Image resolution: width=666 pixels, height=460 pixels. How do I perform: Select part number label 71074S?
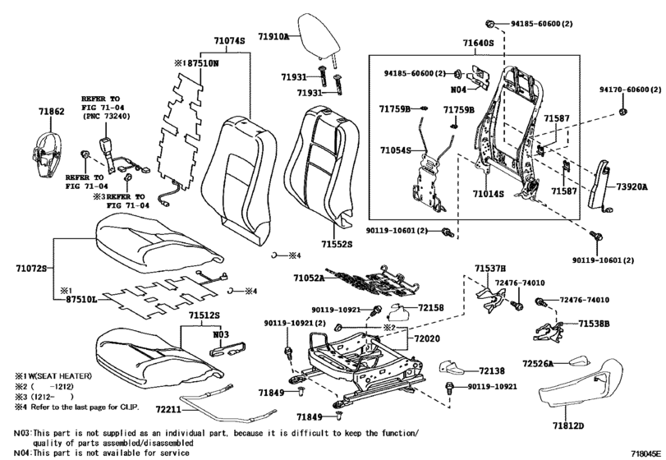[229, 41]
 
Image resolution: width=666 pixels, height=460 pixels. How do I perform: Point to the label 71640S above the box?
[478, 43]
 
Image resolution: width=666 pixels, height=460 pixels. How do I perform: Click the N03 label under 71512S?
[221, 334]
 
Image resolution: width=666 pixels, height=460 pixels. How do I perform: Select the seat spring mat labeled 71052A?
[373, 280]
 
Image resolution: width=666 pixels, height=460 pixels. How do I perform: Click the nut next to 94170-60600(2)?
[623, 112]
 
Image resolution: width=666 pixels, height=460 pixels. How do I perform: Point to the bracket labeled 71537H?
[490, 298]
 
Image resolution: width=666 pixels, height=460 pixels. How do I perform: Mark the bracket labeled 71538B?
[548, 331]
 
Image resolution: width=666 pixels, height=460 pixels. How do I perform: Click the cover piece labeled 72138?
[452, 368]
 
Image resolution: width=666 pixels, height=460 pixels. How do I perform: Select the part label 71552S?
[337, 244]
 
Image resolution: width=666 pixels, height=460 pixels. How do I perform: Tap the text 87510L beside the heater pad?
[81, 300]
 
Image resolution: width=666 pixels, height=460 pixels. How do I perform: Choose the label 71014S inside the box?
[489, 194]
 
